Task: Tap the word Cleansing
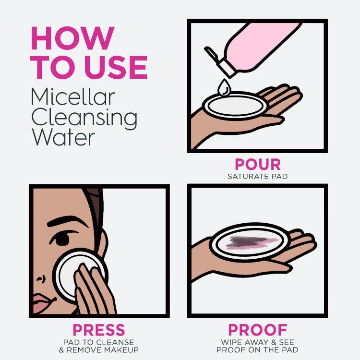[x=84, y=118]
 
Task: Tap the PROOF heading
[x=257, y=330]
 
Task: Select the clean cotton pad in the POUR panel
[x=234, y=104]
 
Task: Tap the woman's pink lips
[x=40, y=303]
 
